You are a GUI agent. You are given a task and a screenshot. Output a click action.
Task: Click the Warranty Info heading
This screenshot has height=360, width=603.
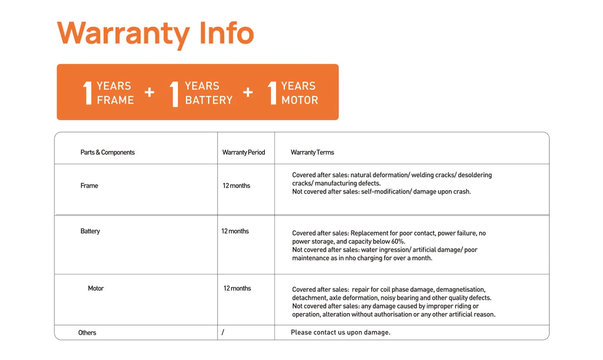(155, 34)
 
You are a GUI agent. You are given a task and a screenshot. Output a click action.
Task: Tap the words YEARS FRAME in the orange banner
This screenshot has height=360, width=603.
(115, 93)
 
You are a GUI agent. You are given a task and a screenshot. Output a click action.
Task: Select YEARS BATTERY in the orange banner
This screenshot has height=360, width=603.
(208, 93)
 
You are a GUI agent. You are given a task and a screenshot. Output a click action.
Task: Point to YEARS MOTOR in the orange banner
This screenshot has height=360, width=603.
(299, 93)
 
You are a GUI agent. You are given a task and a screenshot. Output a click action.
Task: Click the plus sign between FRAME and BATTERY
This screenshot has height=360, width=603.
(149, 92)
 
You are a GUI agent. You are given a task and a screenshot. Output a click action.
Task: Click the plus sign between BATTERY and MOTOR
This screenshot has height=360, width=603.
(248, 92)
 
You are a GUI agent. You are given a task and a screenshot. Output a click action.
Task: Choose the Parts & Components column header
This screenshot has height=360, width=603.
(107, 152)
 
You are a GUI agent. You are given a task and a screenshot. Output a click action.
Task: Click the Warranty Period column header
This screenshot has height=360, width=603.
(243, 152)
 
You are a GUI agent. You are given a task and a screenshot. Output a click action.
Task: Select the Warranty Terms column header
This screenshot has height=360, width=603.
(312, 152)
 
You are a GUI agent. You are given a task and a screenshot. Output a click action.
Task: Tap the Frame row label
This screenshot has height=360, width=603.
(89, 186)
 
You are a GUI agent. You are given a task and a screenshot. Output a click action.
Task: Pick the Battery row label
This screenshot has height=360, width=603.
(90, 231)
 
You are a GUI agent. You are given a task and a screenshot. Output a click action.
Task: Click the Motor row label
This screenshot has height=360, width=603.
(96, 289)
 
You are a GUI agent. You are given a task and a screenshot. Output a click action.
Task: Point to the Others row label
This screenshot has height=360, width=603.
(87, 333)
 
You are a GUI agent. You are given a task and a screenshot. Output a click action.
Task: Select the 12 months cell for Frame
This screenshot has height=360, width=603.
(236, 186)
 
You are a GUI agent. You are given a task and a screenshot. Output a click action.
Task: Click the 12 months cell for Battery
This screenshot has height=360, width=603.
(235, 231)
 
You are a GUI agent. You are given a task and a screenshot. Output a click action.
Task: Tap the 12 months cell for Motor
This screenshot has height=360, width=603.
(237, 289)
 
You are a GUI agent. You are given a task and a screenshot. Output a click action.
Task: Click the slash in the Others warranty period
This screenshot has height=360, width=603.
(223, 332)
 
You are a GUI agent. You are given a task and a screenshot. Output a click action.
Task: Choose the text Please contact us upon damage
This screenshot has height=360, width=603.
(340, 332)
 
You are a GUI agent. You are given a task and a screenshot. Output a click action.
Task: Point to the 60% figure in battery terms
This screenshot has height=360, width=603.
(398, 242)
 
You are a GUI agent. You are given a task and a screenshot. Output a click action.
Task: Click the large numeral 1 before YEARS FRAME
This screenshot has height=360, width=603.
(87, 93)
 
